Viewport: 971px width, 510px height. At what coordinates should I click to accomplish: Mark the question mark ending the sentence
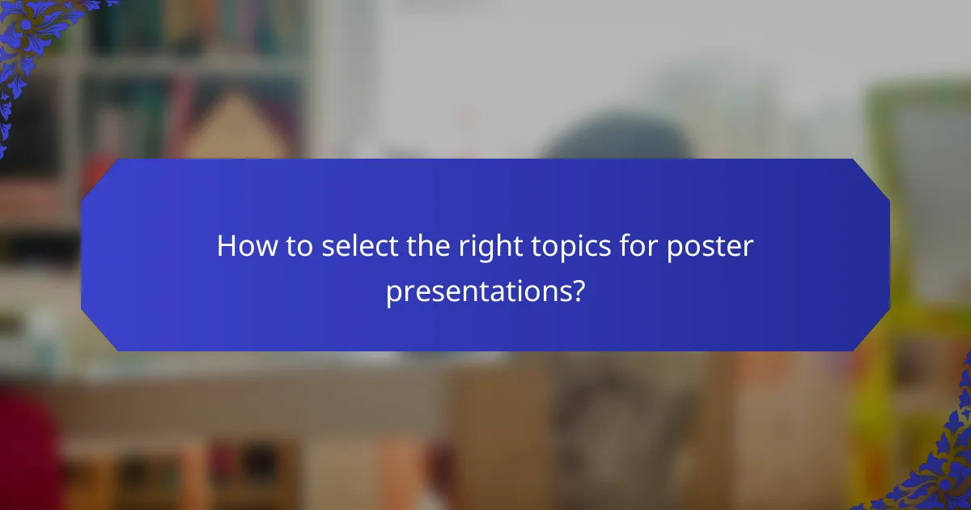(x=576, y=290)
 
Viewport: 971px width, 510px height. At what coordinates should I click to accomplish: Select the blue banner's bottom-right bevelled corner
(x=872, y=334)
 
